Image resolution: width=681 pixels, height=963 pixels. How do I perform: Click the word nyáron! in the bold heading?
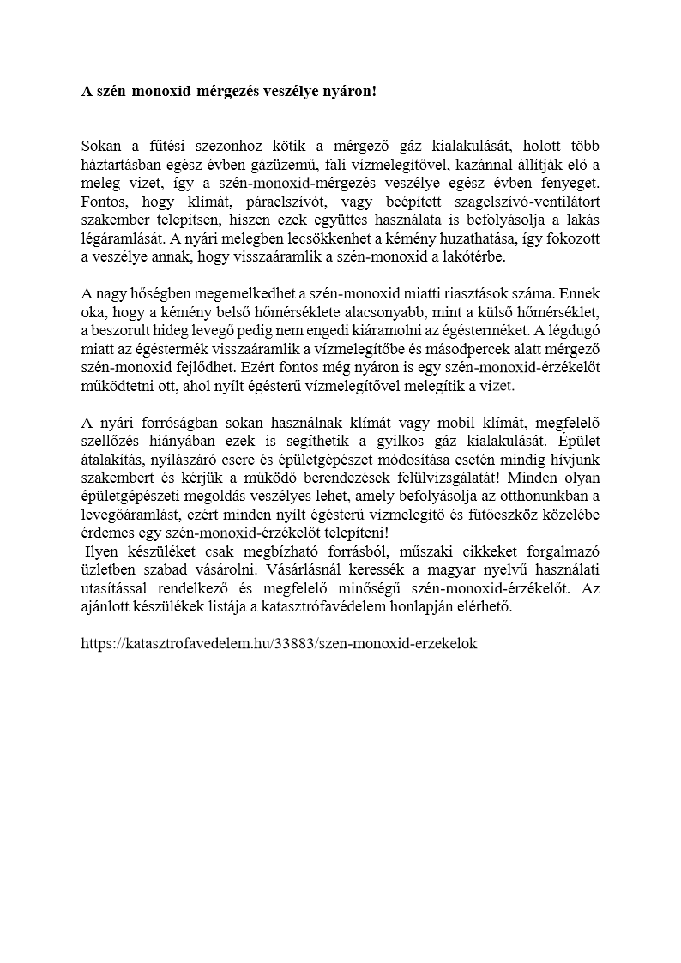[x=347, y=91]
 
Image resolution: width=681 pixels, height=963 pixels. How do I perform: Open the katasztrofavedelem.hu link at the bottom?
[x=279, y=642]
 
